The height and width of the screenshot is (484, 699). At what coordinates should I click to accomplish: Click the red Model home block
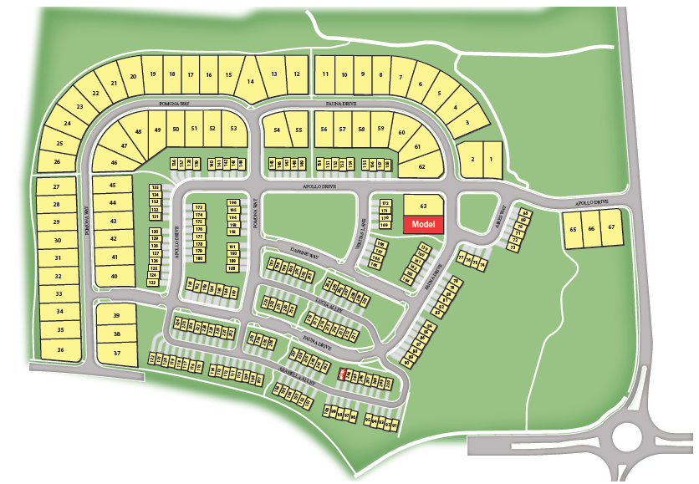tap(423, 224)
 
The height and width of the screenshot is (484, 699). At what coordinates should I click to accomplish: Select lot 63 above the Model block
tap(423, 205)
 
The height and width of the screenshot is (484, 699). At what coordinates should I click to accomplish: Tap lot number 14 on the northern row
tap(250, 80)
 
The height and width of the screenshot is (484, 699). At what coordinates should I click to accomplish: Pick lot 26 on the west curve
tap(58, 161)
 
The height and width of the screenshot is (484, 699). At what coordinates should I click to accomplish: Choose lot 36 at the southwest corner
tap(60, 349)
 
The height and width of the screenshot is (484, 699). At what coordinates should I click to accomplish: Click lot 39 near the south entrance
tap(117, 315)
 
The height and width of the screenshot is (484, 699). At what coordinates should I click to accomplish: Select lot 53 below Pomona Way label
tap(234, 128)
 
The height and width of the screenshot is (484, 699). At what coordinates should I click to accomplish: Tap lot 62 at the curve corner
tap(422, 166)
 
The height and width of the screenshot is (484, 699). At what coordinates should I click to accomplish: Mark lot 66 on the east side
tap(592, 228)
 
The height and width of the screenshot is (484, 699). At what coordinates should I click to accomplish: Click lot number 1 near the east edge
tap(492, 159)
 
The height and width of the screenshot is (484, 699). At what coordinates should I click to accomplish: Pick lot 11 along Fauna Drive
tap(324, 74)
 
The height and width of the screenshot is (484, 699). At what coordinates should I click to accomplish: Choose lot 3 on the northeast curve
tap(467, 122)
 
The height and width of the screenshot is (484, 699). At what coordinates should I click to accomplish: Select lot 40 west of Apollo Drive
tap(114, 276)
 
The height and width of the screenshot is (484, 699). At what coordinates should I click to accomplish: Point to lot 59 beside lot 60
tap(380, 129)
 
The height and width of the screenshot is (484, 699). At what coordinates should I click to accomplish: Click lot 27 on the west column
tap(57, 186)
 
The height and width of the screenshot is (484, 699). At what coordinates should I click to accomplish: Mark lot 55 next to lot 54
tap(298, 130)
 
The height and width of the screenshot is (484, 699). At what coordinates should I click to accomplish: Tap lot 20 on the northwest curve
tap(133, 77)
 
